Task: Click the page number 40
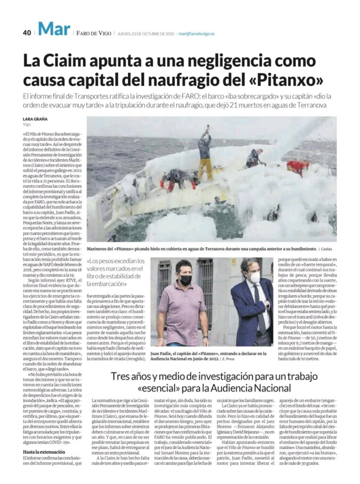[x=26, y=33]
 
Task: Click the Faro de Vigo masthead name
[x=93, y=33]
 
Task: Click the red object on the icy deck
[x=298, y=166]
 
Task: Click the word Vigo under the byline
[x=27, y=125]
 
